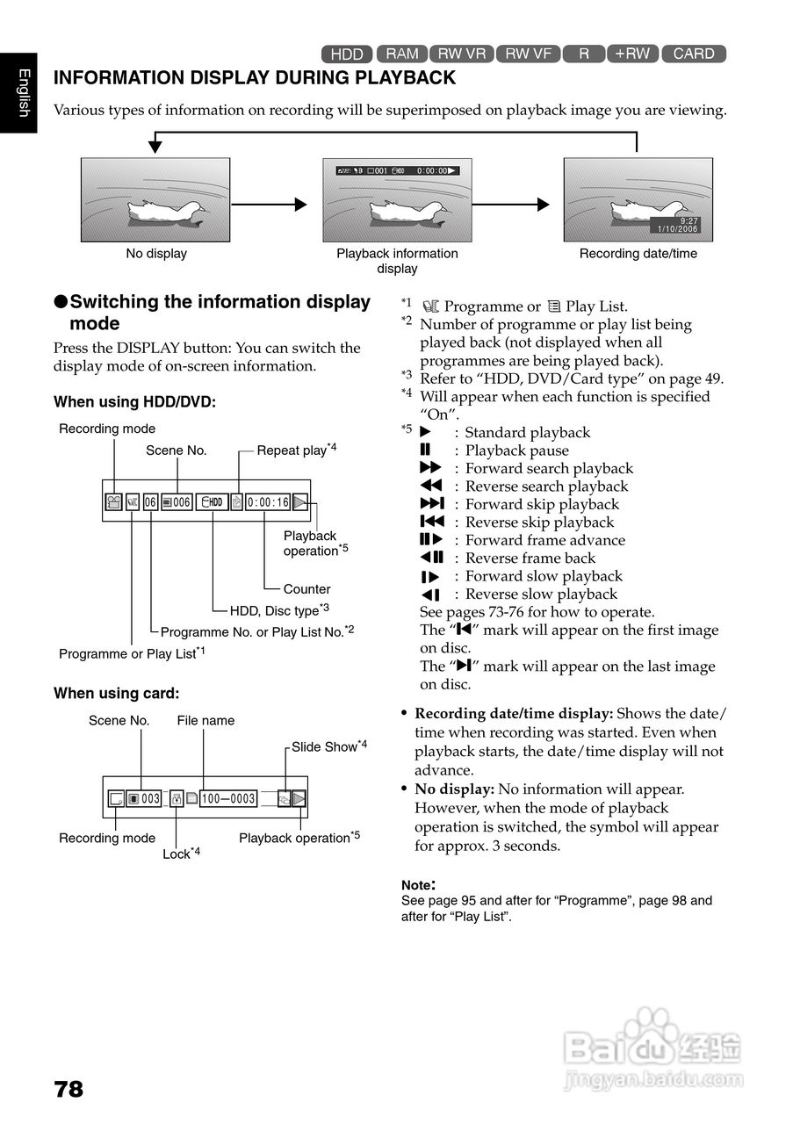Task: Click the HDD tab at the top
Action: coord(347,54)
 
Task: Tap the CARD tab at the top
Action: coord(694,54)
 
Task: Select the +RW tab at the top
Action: coord(632,54)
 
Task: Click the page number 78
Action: coord(68,1090)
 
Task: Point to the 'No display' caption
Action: coord(156,254)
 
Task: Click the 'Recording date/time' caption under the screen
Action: coord(638,254)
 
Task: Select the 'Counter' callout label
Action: coord(306,589)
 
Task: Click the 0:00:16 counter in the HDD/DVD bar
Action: coord(268,502)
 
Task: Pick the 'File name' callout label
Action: coord(205,720)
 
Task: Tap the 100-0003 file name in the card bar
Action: coord(228,798)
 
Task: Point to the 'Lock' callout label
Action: coord(179,854)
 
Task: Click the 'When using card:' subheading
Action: coord(117,694)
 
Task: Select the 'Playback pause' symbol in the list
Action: coord(425,450)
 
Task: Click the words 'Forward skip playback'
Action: coord(542,504)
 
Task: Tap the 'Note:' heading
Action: coord(418,885)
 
